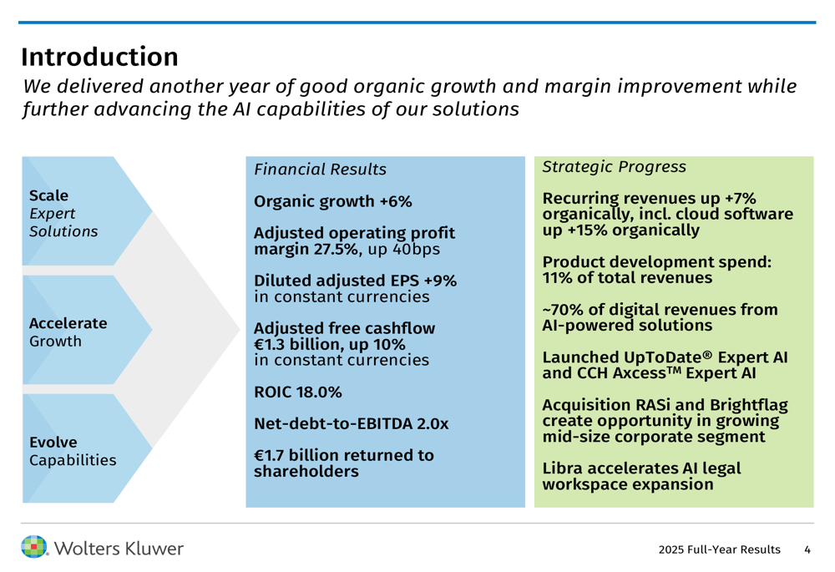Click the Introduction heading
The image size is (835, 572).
tap(99, 57)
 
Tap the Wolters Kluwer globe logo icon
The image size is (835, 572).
tap(34, 548)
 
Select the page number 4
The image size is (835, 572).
tap(807, 549)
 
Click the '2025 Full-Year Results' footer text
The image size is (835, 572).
tap(719, 549)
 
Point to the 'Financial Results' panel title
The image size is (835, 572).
tap(320, 170)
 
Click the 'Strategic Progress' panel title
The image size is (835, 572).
tap(614, 167)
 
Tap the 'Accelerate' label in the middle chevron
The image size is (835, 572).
tap(68, 323)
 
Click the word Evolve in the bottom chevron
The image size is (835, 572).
tap(53, 442)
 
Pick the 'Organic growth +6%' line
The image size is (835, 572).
tap(332, 201)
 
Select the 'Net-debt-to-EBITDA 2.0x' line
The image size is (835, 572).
tap(351, 424)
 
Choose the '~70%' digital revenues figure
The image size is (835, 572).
tap(563, 310)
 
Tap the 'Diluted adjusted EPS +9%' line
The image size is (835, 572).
tap(355, 281)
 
